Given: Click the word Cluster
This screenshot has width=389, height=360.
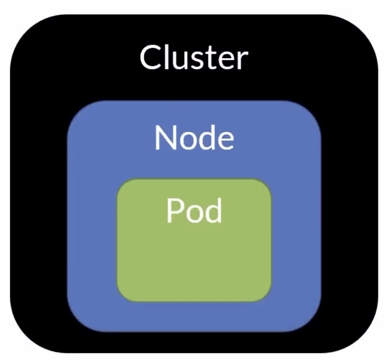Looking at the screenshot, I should [x=194, y=58].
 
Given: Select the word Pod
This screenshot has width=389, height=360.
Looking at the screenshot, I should [x=194, y=211].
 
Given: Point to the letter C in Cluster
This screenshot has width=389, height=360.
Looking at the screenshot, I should [x=150, y=58].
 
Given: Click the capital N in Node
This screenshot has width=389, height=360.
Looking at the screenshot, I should [x=165, y=138].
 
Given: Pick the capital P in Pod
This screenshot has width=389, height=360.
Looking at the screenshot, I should [x=174, y=211].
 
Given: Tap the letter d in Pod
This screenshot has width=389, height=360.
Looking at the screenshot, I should [x=213, y=211].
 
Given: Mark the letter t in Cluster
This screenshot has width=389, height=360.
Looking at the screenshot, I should [x=211, y=59].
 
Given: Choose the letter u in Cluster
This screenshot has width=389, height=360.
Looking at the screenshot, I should [x=181, y=60].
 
